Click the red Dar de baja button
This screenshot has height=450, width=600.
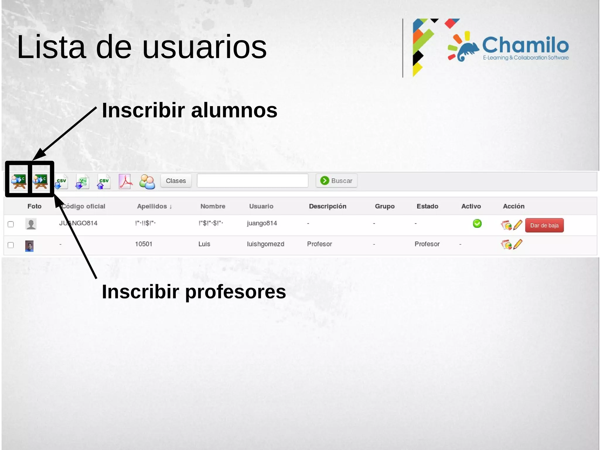tap(544, 225)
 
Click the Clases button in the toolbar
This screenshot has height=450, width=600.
tap(176, 181)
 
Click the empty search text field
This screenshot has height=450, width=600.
tap(252, 181)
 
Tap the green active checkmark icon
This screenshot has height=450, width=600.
tap(477, 224)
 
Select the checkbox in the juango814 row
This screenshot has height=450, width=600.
tap(11, 224)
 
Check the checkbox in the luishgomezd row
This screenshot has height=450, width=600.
tap(11, 245)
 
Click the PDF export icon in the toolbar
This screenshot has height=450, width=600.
tap(125, 181)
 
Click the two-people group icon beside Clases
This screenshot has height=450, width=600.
tap(147, 182)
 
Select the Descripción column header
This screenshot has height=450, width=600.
tap(328, 206)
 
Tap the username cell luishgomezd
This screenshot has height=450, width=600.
tap(265, 244)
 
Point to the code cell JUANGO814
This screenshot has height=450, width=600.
tap(78, 223)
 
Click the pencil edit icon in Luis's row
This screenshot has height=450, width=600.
tap(518, 244)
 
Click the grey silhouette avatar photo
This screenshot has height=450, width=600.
tap(31, 224)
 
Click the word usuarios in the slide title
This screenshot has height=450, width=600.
tap(204, 47)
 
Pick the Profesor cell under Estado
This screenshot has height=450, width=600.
tap(427, 244)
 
